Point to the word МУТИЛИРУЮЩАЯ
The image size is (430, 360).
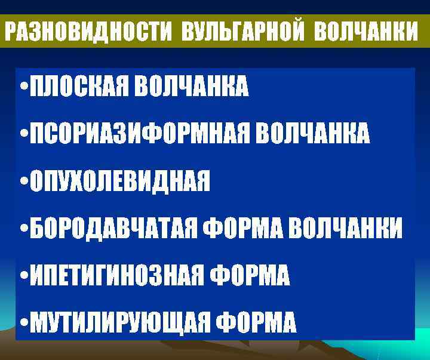(119, 323)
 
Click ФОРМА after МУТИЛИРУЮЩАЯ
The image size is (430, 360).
(255, 323)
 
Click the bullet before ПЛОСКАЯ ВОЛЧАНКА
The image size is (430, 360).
(23, 88)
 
